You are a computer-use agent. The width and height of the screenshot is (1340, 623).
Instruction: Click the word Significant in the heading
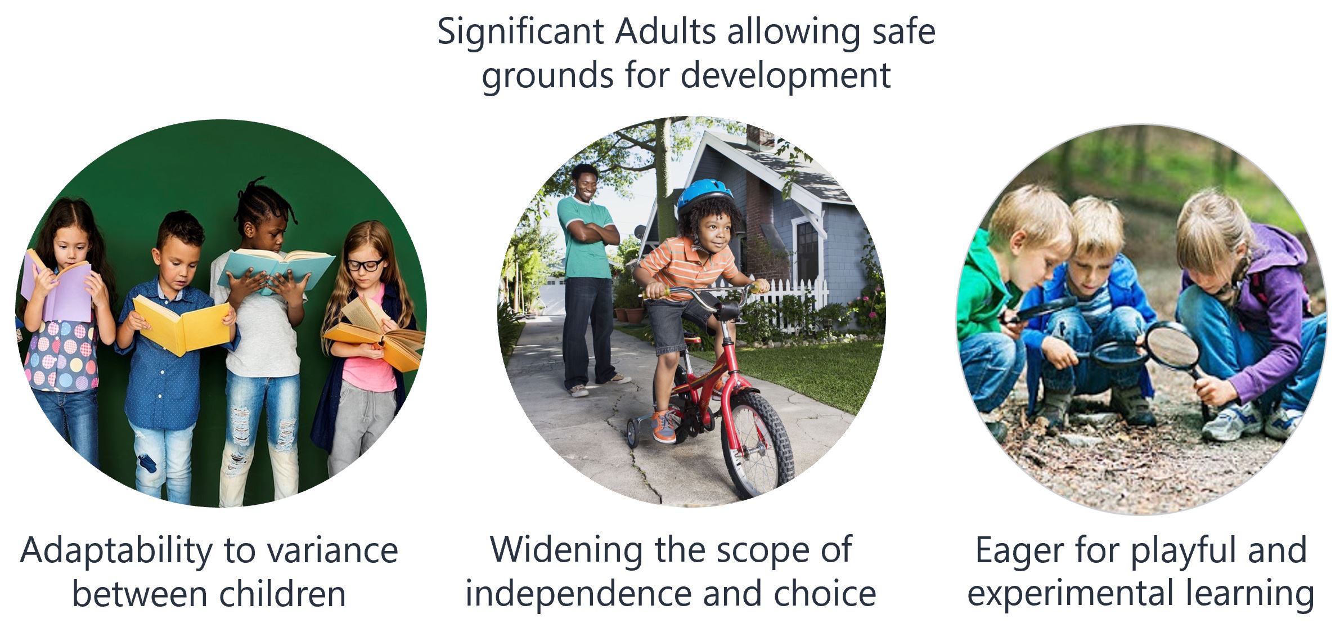coord(520,33)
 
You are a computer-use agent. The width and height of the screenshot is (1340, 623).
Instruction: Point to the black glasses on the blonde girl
coord(365,264)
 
